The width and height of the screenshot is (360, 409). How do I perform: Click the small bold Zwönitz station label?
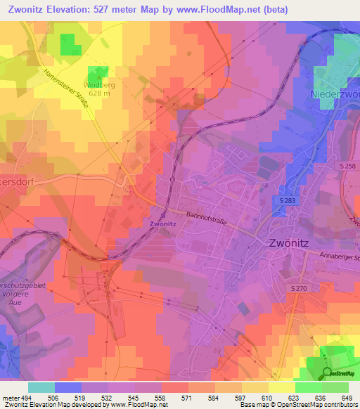click(162, 224)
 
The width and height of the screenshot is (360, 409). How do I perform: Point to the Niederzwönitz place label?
click(335, 93)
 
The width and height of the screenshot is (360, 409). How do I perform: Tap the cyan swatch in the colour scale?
click(41, 387)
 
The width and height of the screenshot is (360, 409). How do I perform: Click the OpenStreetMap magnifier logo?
click(327, 373)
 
